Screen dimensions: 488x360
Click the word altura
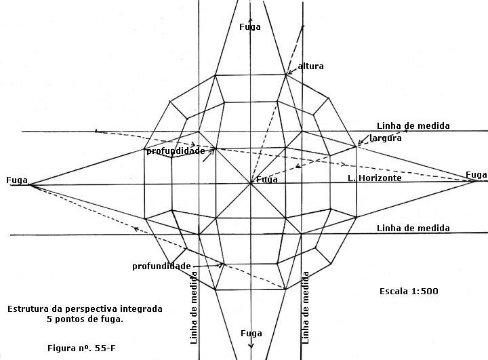point(310,66)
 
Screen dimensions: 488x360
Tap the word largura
point(386,138)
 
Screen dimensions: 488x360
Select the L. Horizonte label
point(375,178)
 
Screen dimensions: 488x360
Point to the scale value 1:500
point(425,291)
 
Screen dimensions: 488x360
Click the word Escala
point(394,291)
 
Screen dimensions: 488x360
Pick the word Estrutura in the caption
point(24,309)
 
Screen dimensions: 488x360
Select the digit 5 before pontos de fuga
point(49,319)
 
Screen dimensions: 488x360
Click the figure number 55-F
point(105,348)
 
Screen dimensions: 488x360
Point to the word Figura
point(61,348)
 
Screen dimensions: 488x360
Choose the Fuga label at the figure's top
point(250,27)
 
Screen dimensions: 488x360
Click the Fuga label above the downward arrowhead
point(251,334)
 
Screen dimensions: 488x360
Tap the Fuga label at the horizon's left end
point(17,180)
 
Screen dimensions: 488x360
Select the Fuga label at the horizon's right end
point(476,175)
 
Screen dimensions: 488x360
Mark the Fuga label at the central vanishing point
point(267,180)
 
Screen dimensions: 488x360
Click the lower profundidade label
point(161,266)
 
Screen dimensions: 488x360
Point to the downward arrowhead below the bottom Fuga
point(251,345)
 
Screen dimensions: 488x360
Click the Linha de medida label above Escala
point(413,228)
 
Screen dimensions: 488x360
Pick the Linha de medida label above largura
point(413,126)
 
